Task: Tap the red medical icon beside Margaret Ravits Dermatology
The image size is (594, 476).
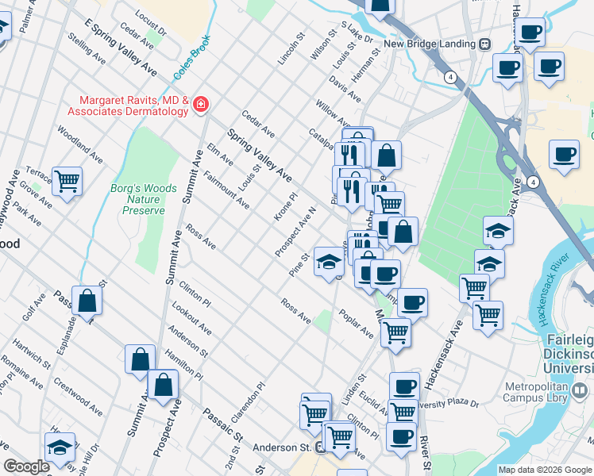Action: pos(200,105)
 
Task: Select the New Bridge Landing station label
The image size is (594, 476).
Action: pos(430,44)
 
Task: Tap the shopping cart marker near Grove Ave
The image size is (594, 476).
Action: pos(67,182)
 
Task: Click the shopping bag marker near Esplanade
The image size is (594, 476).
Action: pos(87,301)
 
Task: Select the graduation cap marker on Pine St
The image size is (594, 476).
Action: pos(328,261)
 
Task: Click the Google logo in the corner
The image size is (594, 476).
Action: pos(27,466)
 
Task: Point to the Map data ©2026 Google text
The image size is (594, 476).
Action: pos(545,470)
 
